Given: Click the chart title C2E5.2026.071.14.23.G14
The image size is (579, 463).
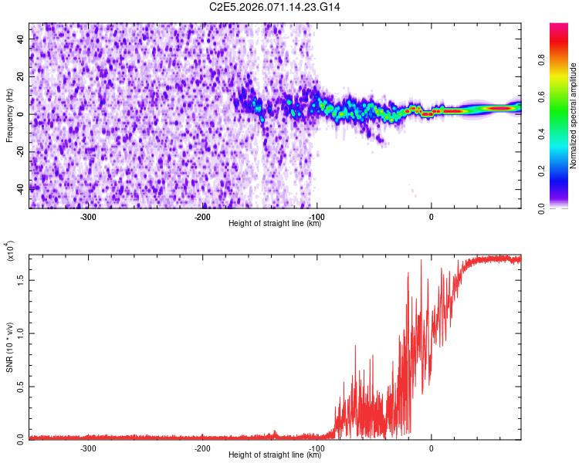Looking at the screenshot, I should click(x=275, y=7).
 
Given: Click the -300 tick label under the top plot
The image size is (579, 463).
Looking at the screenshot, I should click(x=88, y=217).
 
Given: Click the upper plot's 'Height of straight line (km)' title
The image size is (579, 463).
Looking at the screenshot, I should click(x=275, y=224).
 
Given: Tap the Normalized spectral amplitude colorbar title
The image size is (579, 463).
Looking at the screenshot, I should click(x=574, y=116).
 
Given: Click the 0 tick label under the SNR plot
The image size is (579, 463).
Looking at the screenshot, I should click(x=431, y=448).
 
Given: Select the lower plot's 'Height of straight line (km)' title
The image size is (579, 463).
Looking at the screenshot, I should click(x=275, y=455).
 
